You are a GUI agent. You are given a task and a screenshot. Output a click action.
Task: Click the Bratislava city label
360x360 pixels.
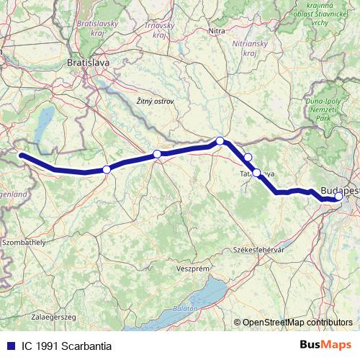tap(87, 63)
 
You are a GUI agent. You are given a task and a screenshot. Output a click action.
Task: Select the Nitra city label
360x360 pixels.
tap(217, 31)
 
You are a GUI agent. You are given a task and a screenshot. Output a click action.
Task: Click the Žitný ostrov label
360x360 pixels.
tap(155, 102)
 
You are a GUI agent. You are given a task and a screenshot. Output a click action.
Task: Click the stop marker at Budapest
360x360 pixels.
tap(338, 196)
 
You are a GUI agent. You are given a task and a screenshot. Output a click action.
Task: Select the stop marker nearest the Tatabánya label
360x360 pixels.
tap(256, 173)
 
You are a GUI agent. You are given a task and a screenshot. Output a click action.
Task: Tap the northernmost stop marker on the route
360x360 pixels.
tap(220, 141)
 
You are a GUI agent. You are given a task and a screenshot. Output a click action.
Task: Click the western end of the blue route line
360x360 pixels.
tap(21, 155)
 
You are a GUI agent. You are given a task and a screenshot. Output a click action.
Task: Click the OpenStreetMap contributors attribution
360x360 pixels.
tap(297, 323)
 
